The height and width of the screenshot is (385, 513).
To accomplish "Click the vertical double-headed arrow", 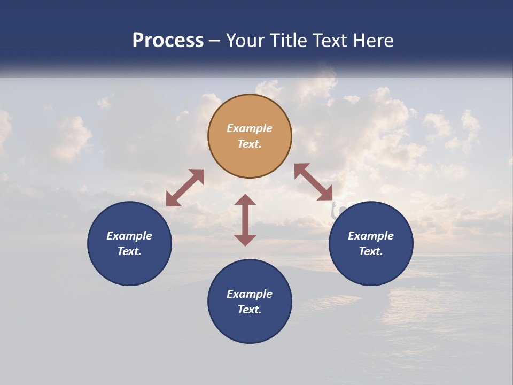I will tap(245, 220).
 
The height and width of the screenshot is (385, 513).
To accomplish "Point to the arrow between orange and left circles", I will tap(185, 188).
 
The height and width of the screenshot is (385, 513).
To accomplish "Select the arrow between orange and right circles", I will tap(313, 182).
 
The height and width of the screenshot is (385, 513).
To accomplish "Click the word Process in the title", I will tap(168, 40).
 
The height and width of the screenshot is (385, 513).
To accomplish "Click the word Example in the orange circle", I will tap(250, 128).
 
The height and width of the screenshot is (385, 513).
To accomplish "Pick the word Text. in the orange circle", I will tap(250, 144).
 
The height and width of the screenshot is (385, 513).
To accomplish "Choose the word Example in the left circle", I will tap(129, 236).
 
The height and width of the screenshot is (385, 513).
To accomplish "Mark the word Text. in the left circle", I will tap(129, 251).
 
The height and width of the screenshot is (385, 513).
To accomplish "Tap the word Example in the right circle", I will tap(371, 236).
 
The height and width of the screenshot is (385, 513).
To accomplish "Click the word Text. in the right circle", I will tap(371, 251).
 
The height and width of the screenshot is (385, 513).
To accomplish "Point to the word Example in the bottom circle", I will tap(250, 294).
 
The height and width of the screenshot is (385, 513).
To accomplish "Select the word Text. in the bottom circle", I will tap(250, 310).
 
